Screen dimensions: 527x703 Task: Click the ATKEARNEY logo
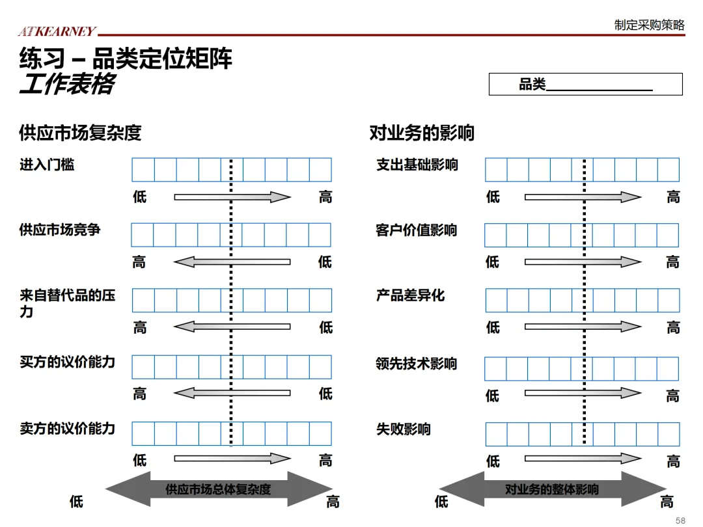coord(57,31)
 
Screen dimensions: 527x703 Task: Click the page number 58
coord(680,520)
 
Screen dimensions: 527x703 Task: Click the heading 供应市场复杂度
coord(80,133)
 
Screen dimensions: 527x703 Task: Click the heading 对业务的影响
coord(422,133)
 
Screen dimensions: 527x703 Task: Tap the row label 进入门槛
coord(47,165)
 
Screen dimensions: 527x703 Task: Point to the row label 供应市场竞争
coord(60,230)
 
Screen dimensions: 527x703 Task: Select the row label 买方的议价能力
coord(67,362)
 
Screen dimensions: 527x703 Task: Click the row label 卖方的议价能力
coord(67,428)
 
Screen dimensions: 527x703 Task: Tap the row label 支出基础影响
coord(417,165)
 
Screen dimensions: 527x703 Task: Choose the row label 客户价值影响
coord(416,230)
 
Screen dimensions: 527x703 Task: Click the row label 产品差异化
coord(410,295)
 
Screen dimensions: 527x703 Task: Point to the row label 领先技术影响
coord(416,364)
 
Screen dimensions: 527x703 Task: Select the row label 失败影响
coord(403,429)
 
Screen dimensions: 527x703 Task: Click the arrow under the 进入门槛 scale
coord(232,197)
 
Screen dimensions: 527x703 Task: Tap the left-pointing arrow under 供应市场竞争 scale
coord(232,262)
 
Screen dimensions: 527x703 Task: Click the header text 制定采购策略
coord(649,25)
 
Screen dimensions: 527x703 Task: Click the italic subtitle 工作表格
coord(66,85)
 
